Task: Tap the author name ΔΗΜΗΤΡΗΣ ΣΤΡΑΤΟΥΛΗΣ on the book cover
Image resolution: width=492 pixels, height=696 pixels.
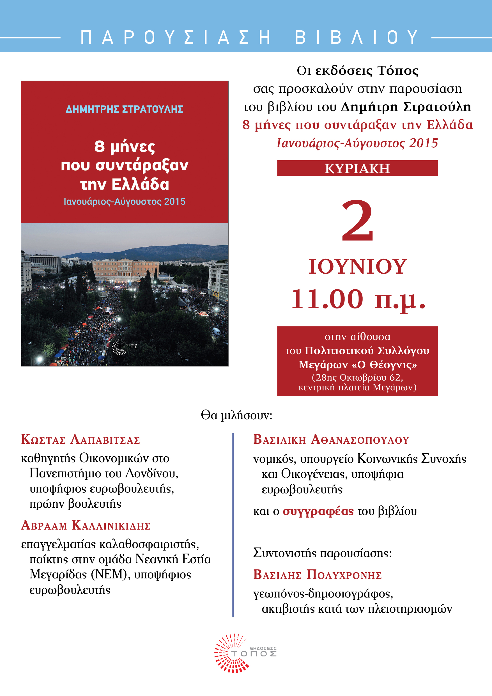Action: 125,109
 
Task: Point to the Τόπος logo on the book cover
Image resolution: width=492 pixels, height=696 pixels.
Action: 124,347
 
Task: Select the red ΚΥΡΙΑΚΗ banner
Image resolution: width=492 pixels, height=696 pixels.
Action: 357,168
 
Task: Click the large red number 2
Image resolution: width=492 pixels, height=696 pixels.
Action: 357,220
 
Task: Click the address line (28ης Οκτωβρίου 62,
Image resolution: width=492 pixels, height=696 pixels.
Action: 357,377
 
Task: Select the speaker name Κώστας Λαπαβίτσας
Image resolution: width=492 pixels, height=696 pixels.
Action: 80,439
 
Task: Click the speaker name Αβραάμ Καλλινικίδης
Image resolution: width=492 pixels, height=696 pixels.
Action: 86,525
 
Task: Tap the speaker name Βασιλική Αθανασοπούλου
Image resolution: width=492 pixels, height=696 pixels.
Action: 331,439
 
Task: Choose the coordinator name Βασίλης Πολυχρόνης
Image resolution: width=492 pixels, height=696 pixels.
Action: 317,575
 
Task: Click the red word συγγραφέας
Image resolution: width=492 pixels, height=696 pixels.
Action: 318,511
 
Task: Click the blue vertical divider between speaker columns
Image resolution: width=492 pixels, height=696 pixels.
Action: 233,525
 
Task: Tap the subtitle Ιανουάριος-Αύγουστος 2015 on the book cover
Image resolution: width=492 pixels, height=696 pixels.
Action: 125,202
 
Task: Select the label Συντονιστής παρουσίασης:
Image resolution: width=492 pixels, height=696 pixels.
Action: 322,553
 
